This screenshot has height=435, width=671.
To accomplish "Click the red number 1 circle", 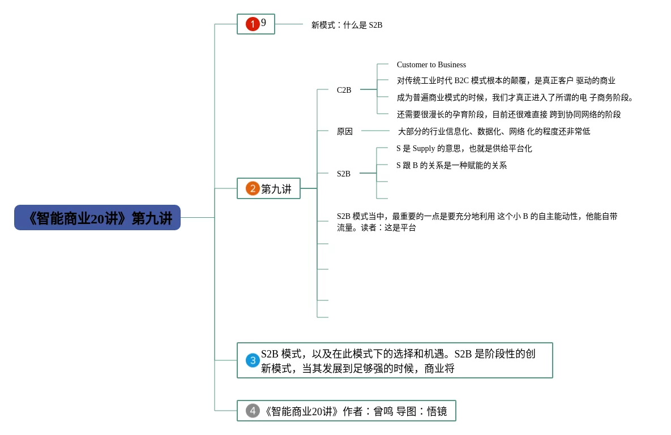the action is click(253, 24).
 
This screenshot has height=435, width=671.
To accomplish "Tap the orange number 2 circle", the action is click(253, 188).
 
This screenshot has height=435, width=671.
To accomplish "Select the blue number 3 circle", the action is click(253, 360).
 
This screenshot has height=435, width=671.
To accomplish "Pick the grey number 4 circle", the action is click(253, 411).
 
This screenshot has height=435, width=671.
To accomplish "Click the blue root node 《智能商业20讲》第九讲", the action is click(97, 217).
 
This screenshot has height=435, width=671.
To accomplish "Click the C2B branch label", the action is click(344, 90).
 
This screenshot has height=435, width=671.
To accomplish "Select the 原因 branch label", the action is click(344, 131).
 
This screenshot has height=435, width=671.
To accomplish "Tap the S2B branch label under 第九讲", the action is click(344, 174).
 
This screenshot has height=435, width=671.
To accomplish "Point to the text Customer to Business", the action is click(431, 64).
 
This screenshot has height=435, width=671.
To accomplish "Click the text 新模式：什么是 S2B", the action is click(347, 25).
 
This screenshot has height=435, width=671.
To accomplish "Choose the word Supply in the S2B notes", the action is click(424, 148).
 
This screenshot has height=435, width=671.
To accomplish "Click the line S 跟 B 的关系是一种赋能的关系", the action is click(451, 165).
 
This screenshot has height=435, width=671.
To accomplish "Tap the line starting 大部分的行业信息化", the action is click(494, 131).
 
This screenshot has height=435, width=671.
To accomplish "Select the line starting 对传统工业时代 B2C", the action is click(506, 80).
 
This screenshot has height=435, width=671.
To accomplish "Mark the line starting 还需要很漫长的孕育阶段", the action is click(509, 114).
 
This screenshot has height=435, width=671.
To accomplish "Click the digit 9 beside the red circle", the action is click(264, 22).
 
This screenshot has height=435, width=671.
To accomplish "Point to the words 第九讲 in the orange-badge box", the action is click(276, 189).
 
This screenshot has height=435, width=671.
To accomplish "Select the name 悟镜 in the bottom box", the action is click(437, 411).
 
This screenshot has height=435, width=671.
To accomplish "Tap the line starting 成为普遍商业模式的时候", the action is click(515, 97).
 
